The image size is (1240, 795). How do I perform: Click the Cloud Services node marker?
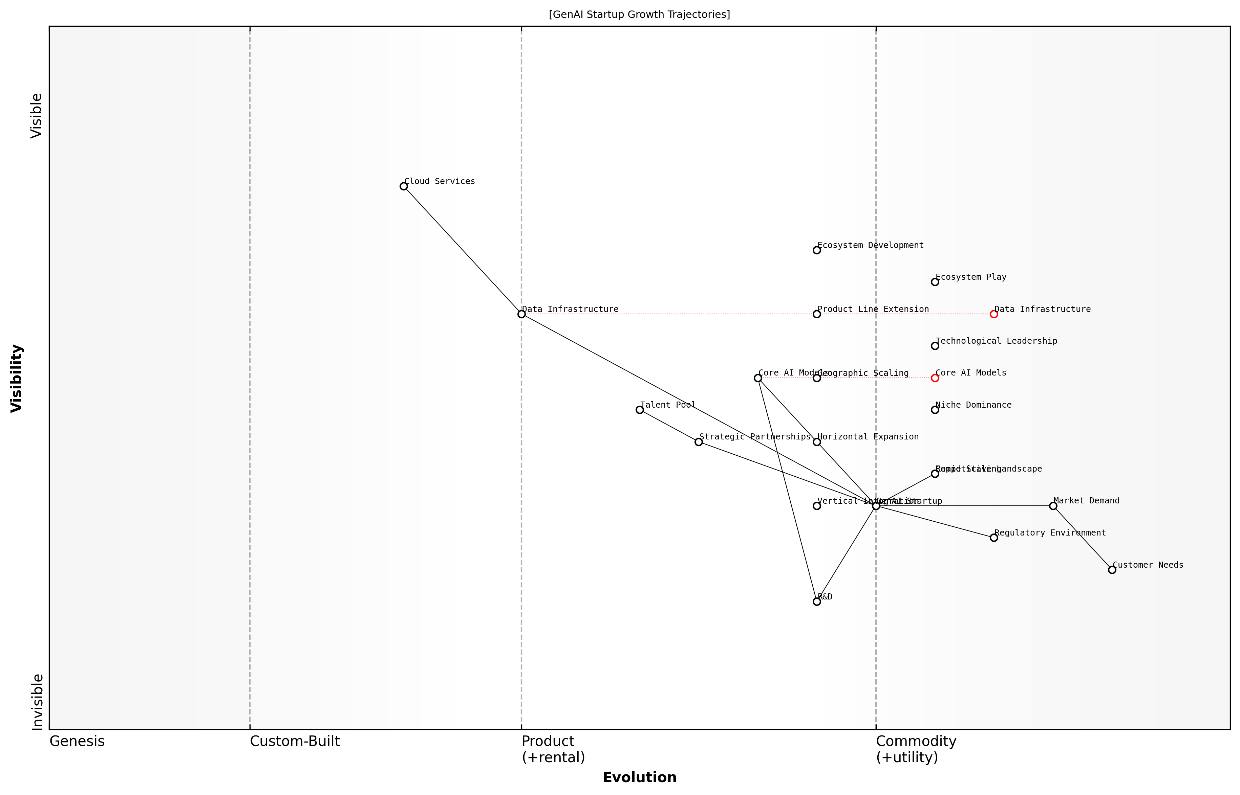click(404, 186)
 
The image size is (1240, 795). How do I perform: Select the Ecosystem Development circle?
click(817, 250)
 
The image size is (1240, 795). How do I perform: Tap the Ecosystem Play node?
click(935, 282)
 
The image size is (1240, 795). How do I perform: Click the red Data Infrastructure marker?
click(993, 314)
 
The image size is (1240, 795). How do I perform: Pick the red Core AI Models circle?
click(935, 378)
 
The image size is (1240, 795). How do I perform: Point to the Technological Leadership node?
click(935, 346)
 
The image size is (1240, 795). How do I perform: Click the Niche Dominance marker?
click(935, 410)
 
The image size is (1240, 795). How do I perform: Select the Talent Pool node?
click(640, 410)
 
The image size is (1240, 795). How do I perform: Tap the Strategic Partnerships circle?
click(699, 442)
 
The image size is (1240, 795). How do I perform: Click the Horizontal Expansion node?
click(817, 442)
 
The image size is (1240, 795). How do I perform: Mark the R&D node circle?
click(817, 601)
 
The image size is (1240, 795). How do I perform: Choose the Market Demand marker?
click(1053, 506)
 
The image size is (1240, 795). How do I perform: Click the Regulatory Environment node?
click(993, 538)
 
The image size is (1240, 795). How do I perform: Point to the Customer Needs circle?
click(1112, 570)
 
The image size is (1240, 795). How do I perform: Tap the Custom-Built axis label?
click(295, 741)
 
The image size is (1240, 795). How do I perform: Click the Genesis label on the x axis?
click(77, 741)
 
